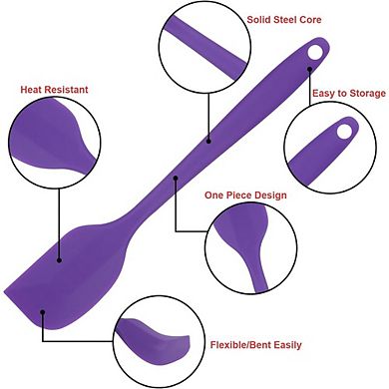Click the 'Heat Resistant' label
pyautogui.click(x=54, y=90)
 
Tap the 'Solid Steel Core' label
pyautogui.click(x=284, y=20)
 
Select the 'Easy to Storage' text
pyautogui.click(x=349, y=94)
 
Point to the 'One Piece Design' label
pyautogui.click(x=245, y=195)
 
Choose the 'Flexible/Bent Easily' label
pyautogui.click(x=255, y=345)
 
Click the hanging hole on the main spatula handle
pyautogui.click(x=315, y=52)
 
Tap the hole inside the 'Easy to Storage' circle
pyautogui.click(x=345, y=131)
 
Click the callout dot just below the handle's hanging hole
pyautogui.click(x=309, y=69)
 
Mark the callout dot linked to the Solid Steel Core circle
pyautogui.click(x=208, y=141)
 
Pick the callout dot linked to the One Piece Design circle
pyautogui.click(x=176, y=178)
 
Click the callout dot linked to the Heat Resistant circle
pyautogui.click(x=59, y=260)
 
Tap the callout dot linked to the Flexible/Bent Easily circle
pyautogui.click(x=43, y=312)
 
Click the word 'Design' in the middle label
pyautogui.click(x=269, y=195)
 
